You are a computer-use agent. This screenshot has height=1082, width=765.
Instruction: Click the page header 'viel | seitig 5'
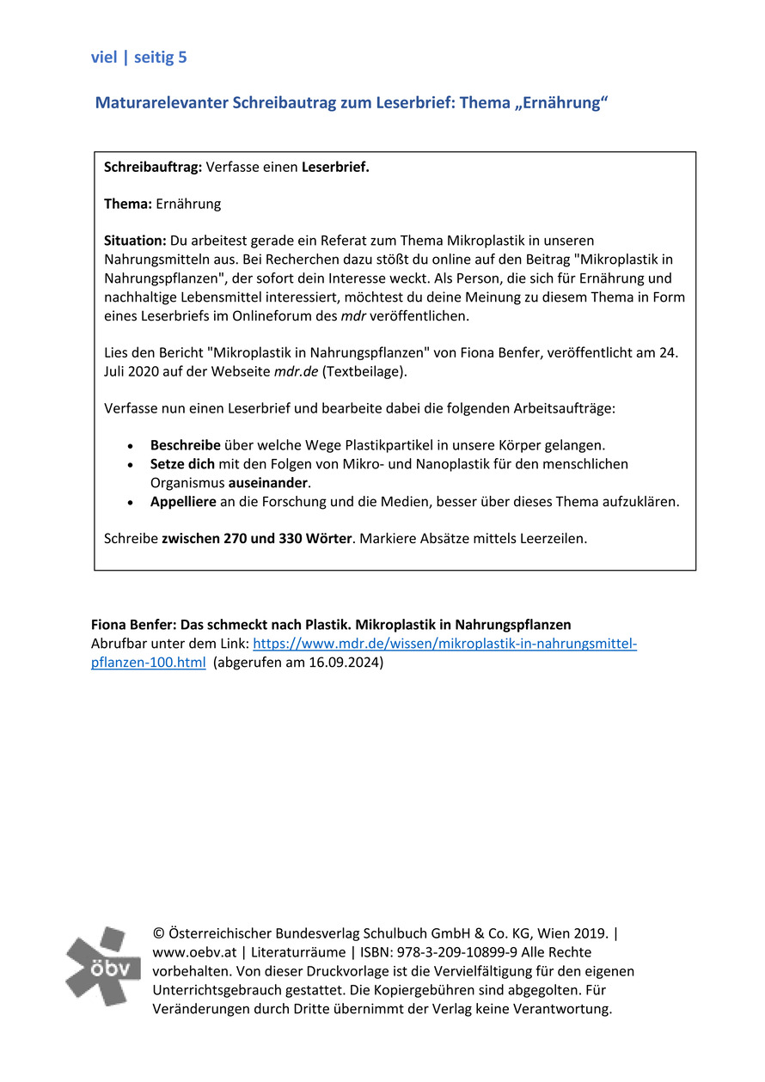click(138, 58)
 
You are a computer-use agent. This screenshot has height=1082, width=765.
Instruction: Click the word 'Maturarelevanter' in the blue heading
click(162, 103)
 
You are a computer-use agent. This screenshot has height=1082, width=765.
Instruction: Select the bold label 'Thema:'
click(128, 204)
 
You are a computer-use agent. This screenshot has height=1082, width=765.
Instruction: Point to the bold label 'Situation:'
click(135, 241)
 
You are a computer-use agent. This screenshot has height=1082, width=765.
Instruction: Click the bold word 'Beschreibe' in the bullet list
click(186, 445)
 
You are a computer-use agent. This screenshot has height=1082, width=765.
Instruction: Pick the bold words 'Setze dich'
click(182, 464)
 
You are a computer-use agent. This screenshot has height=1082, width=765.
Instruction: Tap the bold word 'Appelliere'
click(183, 501)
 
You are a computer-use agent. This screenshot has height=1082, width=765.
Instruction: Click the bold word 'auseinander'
click(267, 482)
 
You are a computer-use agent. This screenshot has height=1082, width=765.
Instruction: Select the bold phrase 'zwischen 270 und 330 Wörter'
click(257, 539)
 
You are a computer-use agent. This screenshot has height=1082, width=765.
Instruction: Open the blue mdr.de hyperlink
click(444, 644)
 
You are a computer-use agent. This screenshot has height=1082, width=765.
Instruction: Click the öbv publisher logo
click(102, 966)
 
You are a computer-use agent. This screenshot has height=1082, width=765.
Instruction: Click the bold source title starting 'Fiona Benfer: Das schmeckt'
click(331, 625)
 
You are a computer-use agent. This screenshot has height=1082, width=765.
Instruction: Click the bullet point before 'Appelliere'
click(130, 502)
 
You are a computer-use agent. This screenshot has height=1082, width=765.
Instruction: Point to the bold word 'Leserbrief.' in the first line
click(335, 167)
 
